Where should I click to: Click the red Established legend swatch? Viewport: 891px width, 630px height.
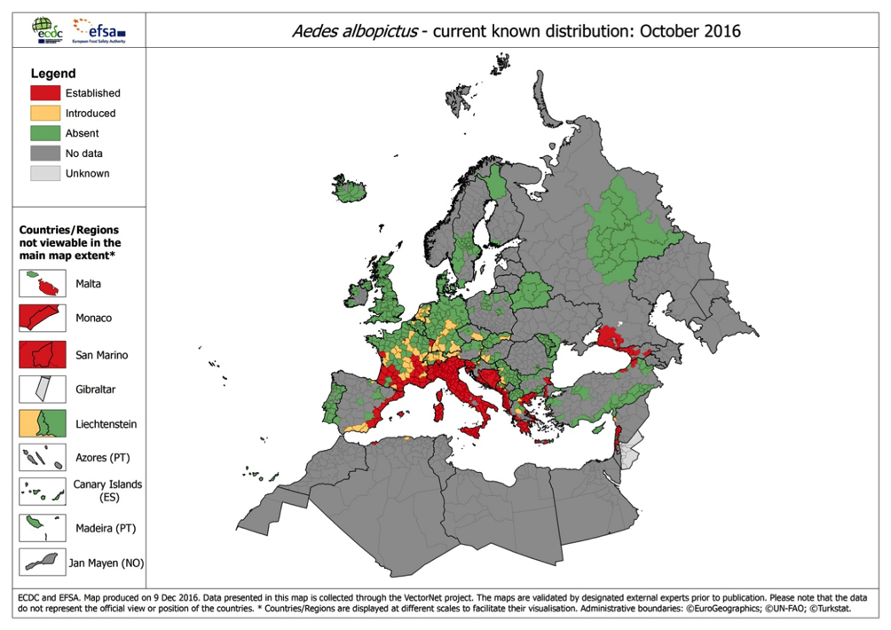tap(45, 92)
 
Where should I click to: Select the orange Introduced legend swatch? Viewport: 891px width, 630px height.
tap(45, 113)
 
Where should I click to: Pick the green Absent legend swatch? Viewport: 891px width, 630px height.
tap(45, 133)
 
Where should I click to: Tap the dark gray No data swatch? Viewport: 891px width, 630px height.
tap(45, 154)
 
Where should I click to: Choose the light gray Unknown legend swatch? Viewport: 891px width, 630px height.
tap(45, 174)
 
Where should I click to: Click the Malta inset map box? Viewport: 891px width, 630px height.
tap(43, 284)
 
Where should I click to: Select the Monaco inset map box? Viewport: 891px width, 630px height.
tap(43, 318)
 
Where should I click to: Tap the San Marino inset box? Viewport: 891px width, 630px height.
tap(43, 354)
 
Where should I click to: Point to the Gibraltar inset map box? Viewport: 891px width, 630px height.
tap(43, 389)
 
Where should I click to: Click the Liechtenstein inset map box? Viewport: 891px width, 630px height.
tap(43, 423)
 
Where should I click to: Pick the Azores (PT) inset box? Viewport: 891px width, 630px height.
tap(43, 458)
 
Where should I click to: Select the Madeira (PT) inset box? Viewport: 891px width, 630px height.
tap(43, 527)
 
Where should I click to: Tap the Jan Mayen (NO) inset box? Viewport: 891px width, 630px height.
tap(43, 562)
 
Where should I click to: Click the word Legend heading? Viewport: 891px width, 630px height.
tap(52, 74)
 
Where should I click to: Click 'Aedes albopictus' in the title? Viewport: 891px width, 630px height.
tap(349, 32)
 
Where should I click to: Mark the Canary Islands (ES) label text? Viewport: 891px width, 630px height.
tap(107, 491)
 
